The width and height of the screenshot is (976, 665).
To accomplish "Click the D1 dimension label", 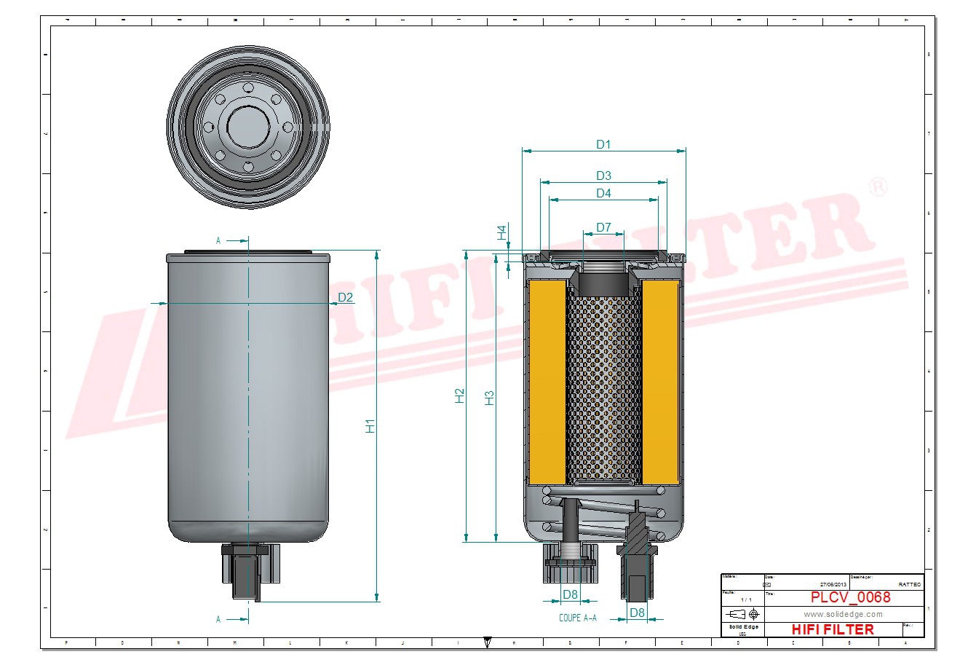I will tap(603, 144).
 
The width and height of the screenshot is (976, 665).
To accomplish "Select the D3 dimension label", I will tap(603, 176).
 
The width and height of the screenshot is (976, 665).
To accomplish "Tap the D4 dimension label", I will tap(603, 193).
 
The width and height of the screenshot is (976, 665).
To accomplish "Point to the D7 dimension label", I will tap(603, 227).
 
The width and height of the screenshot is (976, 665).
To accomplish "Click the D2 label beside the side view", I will tap(346, 297).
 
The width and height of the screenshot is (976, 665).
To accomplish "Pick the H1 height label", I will tap(370, 426).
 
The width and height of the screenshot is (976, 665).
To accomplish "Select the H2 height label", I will tap(460, 396).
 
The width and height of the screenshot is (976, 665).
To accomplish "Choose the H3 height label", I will tap(490, 398).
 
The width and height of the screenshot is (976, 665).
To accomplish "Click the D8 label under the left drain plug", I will tap(570, 595).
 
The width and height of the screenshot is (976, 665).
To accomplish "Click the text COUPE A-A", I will tap(577, 618).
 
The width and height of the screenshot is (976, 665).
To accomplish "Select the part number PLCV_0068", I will tap(850, 597).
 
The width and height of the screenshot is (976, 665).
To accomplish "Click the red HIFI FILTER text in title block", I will tap(832, 629).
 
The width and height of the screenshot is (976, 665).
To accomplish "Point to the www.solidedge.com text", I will tap(843, 614).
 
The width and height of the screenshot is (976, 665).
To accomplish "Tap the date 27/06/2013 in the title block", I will tap(833, 584).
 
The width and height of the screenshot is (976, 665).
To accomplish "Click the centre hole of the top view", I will tap(248, 128).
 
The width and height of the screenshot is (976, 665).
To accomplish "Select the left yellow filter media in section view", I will tap(547, 382).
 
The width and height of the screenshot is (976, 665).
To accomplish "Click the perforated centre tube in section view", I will tap(603, 386).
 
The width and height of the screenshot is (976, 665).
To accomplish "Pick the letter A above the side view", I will tap(218, 240).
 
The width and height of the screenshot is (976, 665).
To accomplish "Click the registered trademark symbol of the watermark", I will tap(878, 186).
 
